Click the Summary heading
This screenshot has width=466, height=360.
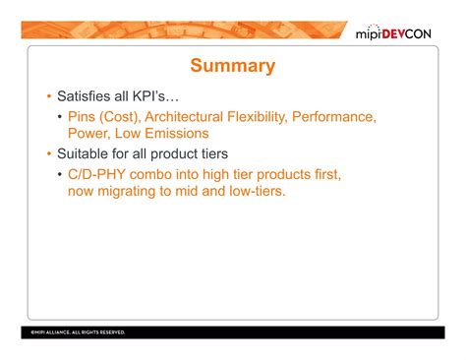232,67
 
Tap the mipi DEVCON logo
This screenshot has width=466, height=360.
400,35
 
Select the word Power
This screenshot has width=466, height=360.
89,133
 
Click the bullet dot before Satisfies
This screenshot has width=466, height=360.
49,99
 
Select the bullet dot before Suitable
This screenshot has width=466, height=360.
49,155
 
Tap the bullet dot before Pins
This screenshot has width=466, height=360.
61,118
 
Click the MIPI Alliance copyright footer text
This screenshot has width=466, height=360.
78,332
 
